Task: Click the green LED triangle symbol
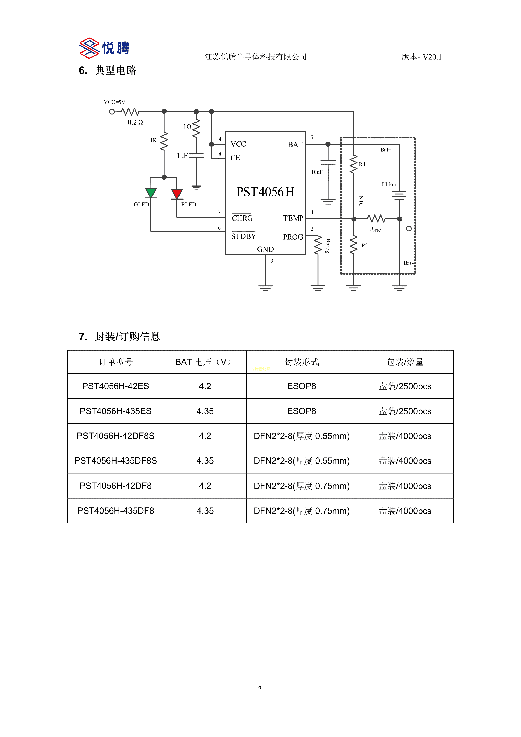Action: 151,193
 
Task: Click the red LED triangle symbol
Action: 177,194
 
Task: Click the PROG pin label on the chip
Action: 293,237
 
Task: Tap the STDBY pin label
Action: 243,236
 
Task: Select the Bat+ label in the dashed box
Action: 386,150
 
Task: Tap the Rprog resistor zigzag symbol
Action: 318,245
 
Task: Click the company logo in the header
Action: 104,48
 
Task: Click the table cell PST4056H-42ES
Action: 115,386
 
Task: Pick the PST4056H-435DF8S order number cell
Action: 115,461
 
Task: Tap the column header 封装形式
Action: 301,362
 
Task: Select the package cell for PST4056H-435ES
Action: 301,411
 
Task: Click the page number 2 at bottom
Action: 260,689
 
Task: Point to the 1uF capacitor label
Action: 182,156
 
